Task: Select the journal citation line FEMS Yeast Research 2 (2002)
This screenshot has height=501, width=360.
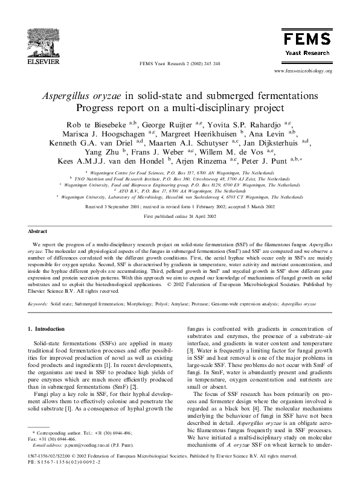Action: [179, 63]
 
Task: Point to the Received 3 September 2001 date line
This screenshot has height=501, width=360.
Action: [179, 206]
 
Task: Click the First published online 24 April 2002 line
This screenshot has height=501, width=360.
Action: [179, 215]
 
